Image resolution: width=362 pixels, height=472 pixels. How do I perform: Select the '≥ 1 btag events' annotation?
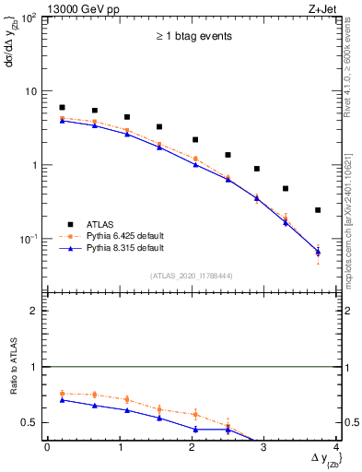(x=193, y=37)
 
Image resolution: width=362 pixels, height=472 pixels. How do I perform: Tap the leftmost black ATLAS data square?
(x=62, y=108)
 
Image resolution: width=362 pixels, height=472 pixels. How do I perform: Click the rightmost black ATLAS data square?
(x=318, y=210)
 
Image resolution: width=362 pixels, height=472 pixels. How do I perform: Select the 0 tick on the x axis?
(x=47, y=447)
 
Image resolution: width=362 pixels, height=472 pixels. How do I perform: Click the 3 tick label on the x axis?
(x=264, y=447)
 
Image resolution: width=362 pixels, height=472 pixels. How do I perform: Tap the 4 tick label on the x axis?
(x=336, y=447)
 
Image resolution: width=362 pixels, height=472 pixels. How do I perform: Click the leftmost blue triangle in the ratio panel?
(x=62, y=400)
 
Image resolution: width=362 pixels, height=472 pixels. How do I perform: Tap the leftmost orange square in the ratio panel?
(x=62, y=394)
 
